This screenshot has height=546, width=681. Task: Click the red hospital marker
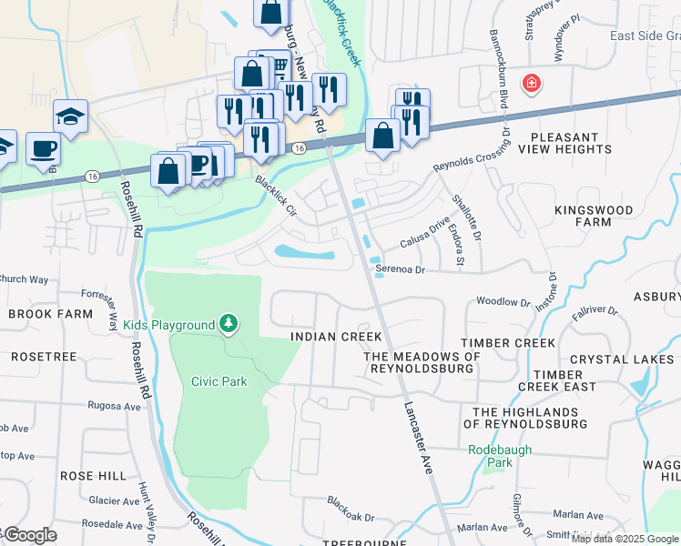pos(531,85)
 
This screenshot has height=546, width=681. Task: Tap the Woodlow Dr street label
pos(503,301)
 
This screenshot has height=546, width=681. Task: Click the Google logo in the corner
pos(29,535)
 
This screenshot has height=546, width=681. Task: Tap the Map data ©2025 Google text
pos(625,539)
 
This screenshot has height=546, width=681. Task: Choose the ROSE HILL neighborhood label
pos(93,476)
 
